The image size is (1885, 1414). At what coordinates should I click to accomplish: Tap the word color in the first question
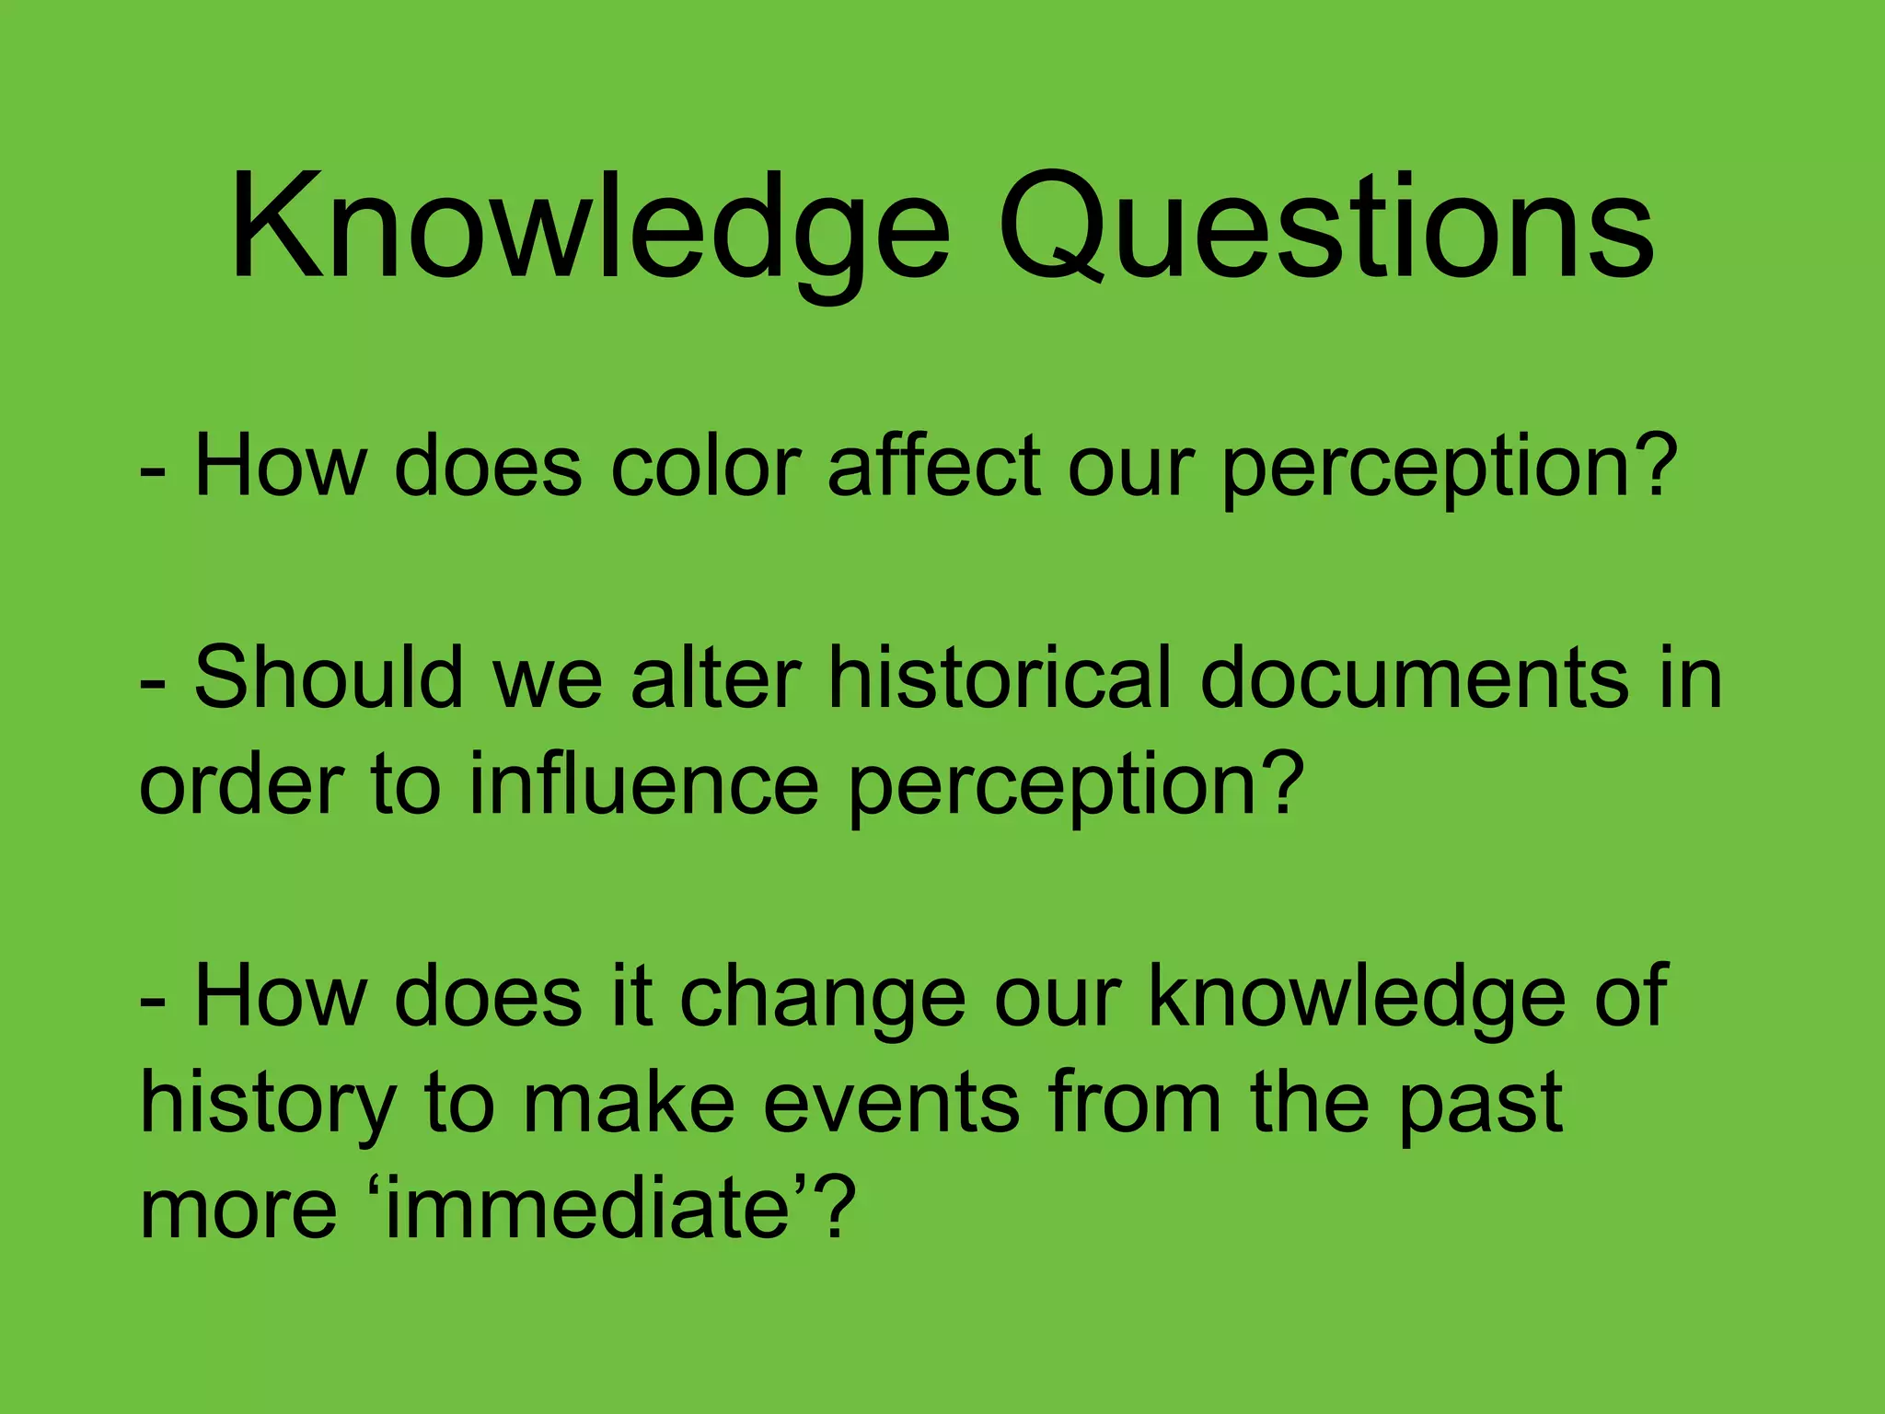[704, 467]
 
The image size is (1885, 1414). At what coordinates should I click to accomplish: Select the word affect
[933, 467]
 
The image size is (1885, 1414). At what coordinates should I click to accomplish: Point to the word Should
[329, 678]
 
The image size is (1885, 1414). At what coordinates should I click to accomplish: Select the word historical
[1000, 678]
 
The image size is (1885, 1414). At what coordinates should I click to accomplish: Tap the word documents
[1415, 678]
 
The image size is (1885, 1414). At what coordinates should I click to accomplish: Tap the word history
[267, 1105]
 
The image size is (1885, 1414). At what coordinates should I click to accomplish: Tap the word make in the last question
[629, 1103]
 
